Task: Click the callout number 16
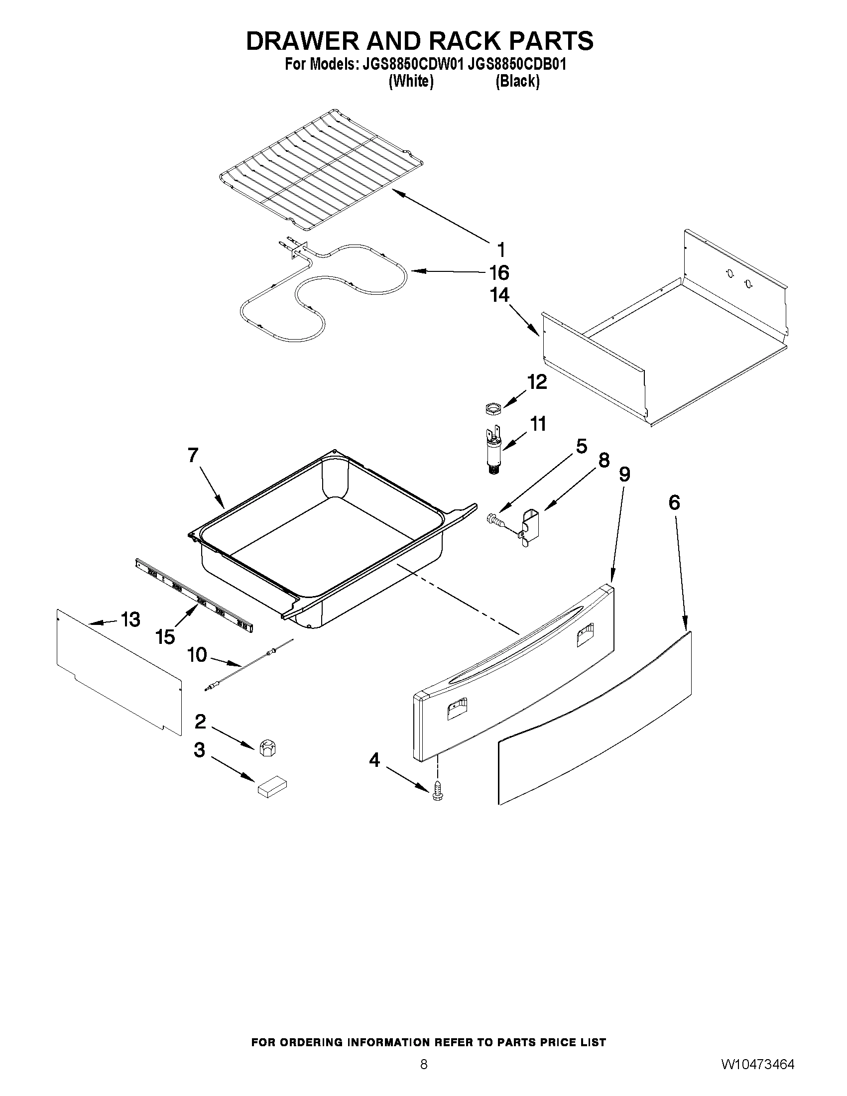point(499,273)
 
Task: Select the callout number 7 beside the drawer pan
point(193,455)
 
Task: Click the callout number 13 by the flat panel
point(130,620)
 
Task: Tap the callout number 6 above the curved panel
point(674,502)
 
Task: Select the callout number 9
point(624,474)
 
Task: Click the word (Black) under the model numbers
point(517,82)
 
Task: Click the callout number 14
point(499,295)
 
